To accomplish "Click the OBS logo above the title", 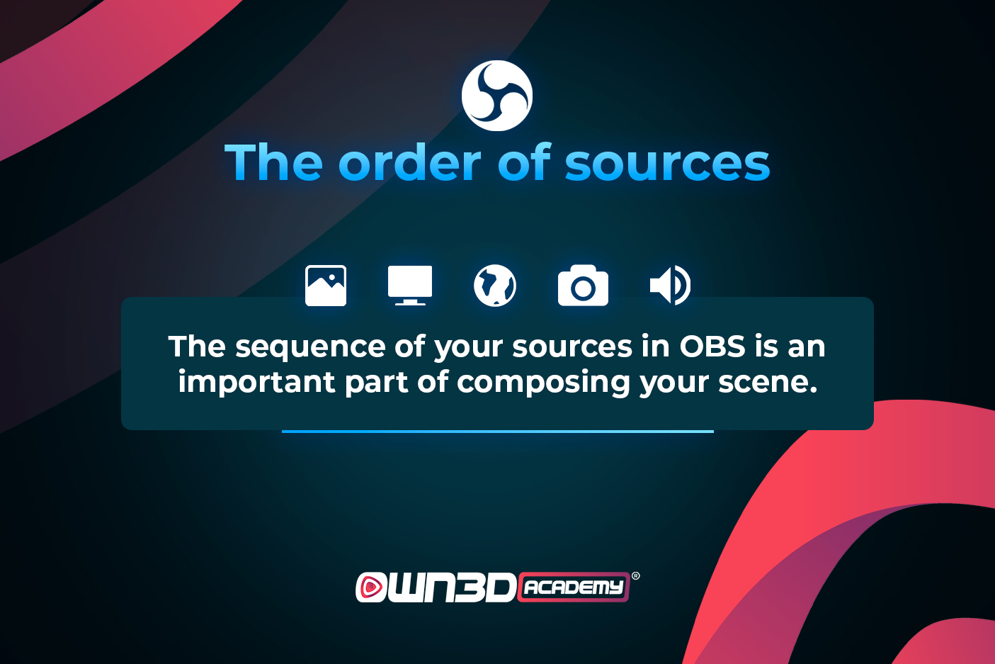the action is tap(497, 96).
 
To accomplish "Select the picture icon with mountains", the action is tap(326, 286).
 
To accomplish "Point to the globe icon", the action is tap(495, 286).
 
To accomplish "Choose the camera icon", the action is tap(583, 286).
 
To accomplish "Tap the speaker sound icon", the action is tap(670, 286).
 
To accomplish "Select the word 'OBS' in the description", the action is tap(712, 347).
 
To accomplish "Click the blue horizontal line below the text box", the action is tap(497, 431).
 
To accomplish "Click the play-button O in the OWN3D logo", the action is tap(371, 587).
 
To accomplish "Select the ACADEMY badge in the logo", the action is tap(574, 587).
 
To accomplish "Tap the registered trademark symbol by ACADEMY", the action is tap(636, 576).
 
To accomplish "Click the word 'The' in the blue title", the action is tap(273, 162).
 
